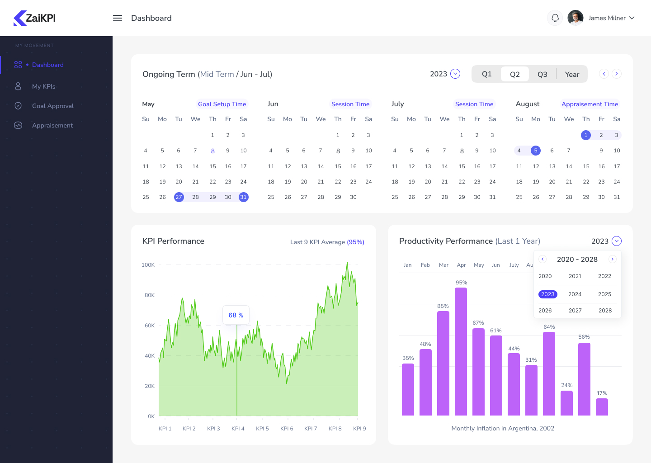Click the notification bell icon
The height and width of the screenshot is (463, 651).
pyautogui.click(x=555, y=18)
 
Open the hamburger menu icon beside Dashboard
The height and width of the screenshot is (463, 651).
pyautogui.click(x=118, y=18)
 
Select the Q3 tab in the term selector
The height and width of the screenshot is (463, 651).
pyautogui.click(x=542, y=74)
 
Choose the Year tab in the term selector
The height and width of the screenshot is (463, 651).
pyautogui.click(x=572, y=74)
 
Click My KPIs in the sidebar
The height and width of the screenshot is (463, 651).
pyautogui.click(x=43, y=86)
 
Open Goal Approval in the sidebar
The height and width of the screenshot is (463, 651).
pyautogui.click(x=52, y=106)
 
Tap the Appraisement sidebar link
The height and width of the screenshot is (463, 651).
pyautogui.click(x=52, y=125)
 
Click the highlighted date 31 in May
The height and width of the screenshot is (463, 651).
pyautogui.click(x=243, y=197)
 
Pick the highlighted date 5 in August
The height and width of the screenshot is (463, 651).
pyautogui.click(x=536, y=151)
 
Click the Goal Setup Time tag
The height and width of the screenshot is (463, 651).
pyautogui.click(x=222, y=104)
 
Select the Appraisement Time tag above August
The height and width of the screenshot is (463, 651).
pyautogui.click(x=590, y=104)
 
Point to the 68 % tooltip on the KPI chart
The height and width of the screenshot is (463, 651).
pyautogui.click(x=236, y=315)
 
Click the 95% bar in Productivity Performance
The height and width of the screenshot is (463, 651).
pyautogui.click(x=461, y=351)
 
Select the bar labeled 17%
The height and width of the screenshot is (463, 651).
pyautogui.click(x=602, y=406)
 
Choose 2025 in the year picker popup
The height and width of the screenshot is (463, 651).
pyautogui.click(x=604, y=294)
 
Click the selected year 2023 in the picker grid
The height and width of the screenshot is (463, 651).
pyautogui.click(x=547, y=294)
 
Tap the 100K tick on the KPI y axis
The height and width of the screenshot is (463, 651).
pyautogui.click(x=148, y=265)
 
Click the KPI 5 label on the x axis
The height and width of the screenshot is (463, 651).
pyautogui.click(x=262, y=429)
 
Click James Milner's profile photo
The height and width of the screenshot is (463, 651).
pyautogui.click(x=575, y=18)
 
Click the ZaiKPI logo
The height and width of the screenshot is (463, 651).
pyautogui.click(x=35, y=18)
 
